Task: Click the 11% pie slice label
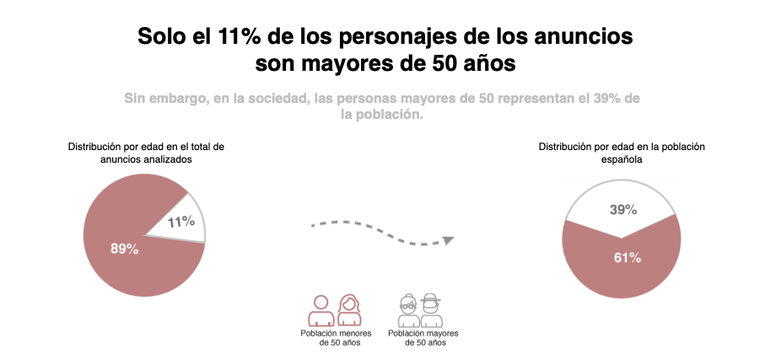[x=181, y=222]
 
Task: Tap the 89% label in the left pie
[x=125, y=249]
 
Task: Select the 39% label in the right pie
[x=622, y=210]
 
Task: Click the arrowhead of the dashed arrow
[x=449, y=240]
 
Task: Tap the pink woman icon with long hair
[x=348, y=310]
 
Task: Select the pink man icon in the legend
[x=321, y=310]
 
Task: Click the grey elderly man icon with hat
[x=432, y=310]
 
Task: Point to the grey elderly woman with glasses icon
[x=408, y=310]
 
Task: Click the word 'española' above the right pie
[x=622, y=159]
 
